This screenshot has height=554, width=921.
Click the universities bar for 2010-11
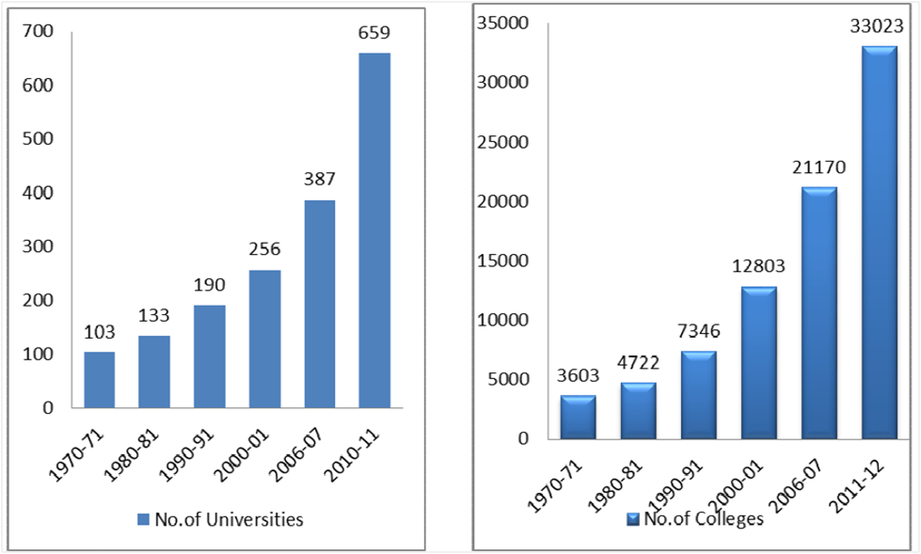373,230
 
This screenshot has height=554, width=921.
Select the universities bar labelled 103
99,380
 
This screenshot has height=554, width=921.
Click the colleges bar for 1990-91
698,395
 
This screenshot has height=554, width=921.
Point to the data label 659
373,33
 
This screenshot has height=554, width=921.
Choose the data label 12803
758,266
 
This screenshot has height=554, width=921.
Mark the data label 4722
639,363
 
